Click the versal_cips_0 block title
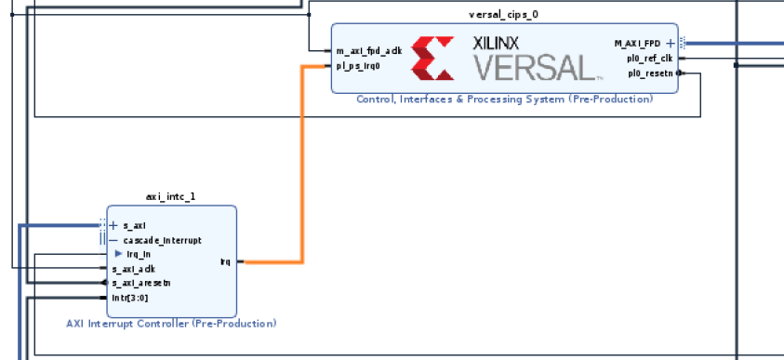503,15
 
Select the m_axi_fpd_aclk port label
369,51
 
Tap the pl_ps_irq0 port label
358,65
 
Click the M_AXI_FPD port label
637,43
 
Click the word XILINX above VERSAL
496,43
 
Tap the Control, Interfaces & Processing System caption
504,99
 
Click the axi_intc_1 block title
171,197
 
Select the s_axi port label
134,225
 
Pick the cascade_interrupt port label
154,240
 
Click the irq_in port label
139,254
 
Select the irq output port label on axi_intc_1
225,261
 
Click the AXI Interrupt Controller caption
171,324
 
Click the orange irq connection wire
300,167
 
